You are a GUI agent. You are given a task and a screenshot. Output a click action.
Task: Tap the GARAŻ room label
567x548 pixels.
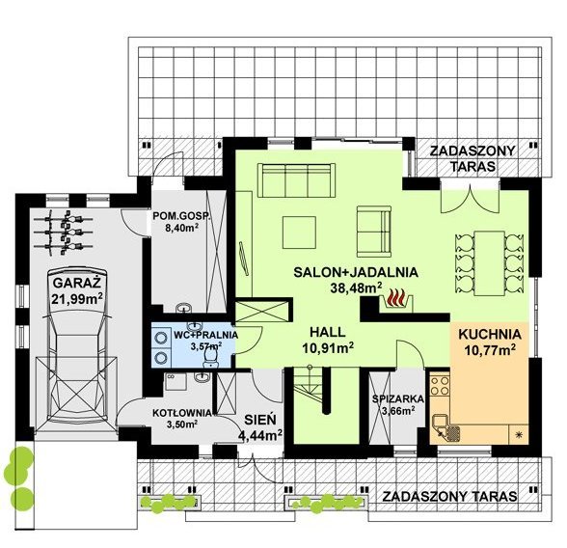point(77,282)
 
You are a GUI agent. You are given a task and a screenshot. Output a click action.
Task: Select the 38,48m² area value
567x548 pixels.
point(356,288)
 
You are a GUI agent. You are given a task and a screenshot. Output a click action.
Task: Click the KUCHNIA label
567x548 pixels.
point(490,334)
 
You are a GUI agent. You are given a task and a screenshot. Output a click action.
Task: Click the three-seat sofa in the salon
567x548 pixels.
point(296,180)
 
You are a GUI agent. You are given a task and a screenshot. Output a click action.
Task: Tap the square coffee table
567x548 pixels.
point(299,233)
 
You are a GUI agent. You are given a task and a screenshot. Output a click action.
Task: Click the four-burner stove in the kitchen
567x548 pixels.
point(440,386)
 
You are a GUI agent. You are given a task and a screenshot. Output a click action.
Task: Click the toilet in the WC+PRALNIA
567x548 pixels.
point(210,359)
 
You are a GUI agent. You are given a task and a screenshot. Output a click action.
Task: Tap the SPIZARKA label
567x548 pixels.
point(398,399)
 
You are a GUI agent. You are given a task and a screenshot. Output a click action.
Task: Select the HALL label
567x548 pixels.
point(328,332)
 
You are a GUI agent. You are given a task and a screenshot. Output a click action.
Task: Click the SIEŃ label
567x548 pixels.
point(260,420)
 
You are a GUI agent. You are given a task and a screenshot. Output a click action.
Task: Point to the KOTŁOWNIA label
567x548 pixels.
point(182,413)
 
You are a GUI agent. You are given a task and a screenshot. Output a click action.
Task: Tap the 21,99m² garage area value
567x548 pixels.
point(77,299)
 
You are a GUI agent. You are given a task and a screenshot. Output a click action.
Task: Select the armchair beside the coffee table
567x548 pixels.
point(374,232)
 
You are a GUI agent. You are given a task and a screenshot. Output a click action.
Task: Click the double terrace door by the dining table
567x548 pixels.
point(471,197)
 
